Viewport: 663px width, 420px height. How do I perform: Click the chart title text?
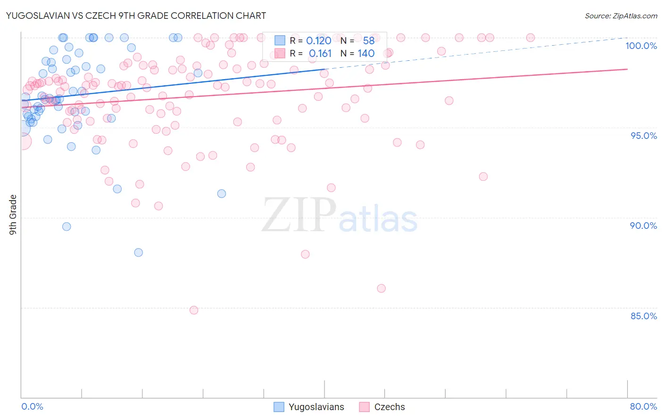click(x=136, y=16)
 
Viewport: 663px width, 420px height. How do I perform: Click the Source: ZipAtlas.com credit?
click(x=621, y=16)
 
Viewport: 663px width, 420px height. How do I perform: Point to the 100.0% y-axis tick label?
click(x=641, y=46)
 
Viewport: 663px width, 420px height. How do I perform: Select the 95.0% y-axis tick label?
click(x=644, y=136)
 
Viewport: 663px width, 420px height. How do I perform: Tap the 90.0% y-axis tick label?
click(x=643, y=226)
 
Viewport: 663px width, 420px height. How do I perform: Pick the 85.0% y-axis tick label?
click(x=644, y=316)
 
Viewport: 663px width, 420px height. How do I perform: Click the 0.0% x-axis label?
click(x=32, y=406)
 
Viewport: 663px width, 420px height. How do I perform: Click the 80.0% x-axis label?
click(x=643, y=406)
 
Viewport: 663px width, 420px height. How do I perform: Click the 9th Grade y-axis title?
click(x=13, y=214)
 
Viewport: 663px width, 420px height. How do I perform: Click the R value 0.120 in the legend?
click(x=319, y=40)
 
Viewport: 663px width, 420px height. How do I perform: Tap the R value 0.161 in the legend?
click(x=320, y=54)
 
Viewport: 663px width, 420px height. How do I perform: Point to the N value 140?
click(x=366, y=54)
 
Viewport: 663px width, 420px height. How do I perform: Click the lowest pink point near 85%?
click(x=194, y=310)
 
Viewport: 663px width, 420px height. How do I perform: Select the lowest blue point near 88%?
click(x=139, y=252)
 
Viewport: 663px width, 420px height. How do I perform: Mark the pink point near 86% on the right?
click(x=381, y=288)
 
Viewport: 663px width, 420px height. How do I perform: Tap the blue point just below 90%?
click(x=67, y=226)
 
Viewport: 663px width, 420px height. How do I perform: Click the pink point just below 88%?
click(x=305, y=254)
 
